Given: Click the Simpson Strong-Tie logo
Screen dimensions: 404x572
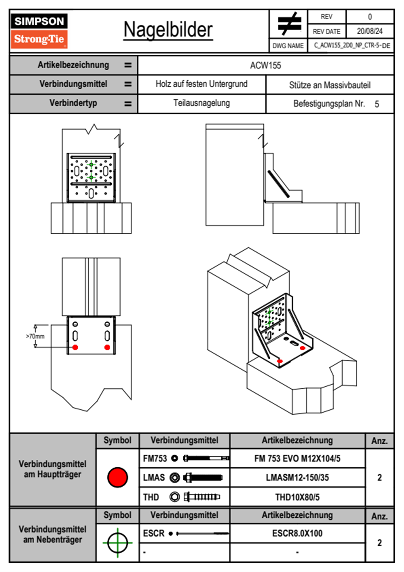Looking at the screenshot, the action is [39, 31].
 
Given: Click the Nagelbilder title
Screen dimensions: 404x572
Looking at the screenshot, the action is [168, 30].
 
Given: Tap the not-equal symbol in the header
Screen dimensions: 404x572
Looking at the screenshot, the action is [289, 23].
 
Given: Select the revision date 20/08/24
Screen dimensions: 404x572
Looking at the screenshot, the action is [370, 31].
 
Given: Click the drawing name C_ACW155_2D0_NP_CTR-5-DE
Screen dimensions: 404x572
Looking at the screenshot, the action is [352, 46].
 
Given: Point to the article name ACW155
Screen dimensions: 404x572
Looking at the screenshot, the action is [265, 65].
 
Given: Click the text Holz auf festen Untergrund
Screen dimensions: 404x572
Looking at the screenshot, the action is [201, 84].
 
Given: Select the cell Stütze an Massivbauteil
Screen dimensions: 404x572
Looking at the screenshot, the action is [330, 85].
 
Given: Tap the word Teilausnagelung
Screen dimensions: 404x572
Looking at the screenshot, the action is [201, 103].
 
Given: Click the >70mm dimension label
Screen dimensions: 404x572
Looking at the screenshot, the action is [35, 336].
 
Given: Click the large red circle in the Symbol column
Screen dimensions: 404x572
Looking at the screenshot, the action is [117, 477].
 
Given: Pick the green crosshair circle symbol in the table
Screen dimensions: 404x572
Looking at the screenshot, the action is [117, 543].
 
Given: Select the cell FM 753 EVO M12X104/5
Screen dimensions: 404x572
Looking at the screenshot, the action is [297, 458].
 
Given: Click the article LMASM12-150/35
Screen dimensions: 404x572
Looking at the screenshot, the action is [297, 477].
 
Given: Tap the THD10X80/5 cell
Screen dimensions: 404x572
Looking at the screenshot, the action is [297, 497].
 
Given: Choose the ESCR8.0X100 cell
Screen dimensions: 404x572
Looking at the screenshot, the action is [297, 533].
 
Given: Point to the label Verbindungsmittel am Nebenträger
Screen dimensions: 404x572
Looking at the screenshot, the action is [53, 534].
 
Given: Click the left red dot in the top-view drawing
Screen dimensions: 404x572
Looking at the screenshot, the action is [75, 347].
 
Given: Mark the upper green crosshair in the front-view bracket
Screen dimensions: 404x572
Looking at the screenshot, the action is [91, 165].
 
